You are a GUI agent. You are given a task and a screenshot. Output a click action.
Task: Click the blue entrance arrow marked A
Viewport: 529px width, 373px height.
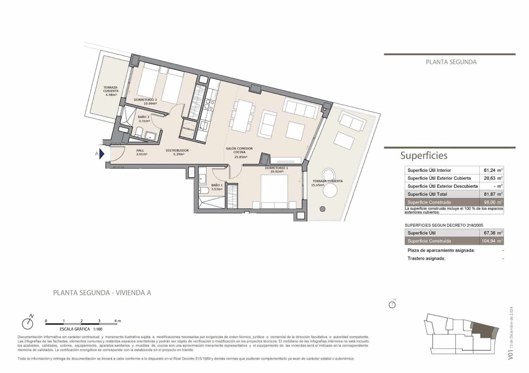[102, 154]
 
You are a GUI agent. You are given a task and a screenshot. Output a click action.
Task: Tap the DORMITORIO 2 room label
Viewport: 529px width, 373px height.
[145, 100]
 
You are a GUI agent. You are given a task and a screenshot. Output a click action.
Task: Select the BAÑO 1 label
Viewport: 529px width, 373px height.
[217, 185]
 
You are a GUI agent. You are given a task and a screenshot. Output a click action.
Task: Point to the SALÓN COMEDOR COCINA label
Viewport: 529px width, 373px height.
[239, 150]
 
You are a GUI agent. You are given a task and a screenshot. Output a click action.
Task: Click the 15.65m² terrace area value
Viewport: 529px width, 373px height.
[317, 185]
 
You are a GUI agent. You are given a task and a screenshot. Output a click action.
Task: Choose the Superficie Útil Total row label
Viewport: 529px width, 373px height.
[427, 194]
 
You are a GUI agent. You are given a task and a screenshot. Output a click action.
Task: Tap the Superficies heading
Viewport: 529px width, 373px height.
[424, 155]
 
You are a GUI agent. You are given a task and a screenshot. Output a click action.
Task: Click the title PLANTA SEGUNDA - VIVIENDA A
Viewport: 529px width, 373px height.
[102, 293]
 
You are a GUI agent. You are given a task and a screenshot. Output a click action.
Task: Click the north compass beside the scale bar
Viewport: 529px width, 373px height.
[28, 323]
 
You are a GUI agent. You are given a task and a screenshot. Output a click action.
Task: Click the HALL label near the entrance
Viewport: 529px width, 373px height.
[140, 151]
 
